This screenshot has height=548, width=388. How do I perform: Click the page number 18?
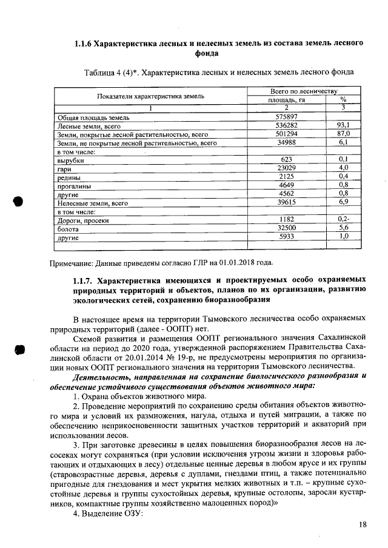click(x=363, y=524)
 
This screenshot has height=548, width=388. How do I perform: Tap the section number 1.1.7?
click(x=83, y=280)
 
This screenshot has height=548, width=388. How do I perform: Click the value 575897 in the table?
click(x=287, y=116)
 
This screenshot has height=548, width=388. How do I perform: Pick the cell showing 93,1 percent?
click(x=343, y=125)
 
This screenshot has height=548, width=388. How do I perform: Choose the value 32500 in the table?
click(x=287, y=229)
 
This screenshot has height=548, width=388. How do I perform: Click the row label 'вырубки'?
click(x=70, y=160)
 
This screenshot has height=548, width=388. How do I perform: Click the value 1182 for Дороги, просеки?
click(x=287, y=220)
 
